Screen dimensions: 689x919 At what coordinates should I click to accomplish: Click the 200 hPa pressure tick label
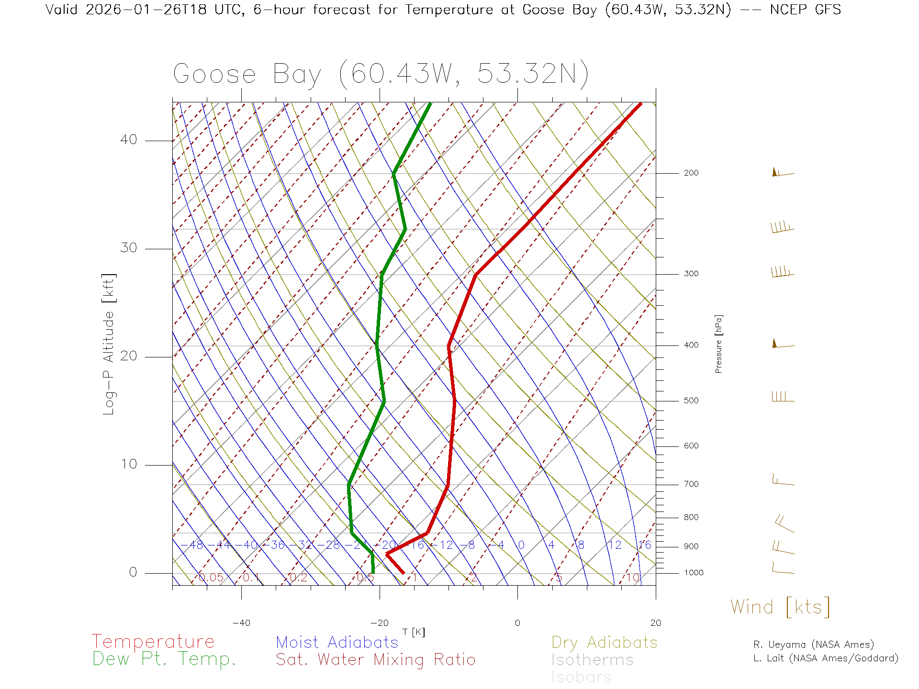(691, 173)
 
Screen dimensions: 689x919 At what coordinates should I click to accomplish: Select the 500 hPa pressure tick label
(691, 401)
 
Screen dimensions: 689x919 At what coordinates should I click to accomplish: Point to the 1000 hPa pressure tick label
(693, 573)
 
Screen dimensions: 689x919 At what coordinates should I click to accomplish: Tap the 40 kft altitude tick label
(128, 140)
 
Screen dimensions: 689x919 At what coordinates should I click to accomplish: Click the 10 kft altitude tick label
(128, 464)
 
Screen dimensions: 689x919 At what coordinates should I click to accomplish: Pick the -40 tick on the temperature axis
(241, 623)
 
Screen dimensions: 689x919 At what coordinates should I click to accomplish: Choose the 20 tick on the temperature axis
(655, 623)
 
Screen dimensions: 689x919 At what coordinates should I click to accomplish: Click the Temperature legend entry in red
(153, 641)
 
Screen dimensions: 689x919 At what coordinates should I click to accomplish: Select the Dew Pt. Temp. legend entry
(164, 659)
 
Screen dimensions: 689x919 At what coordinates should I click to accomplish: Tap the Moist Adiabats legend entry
(337, 642)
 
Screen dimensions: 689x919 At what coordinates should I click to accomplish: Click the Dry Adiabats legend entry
(604, 642)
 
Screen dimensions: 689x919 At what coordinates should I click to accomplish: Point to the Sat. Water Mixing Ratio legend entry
(375, 660)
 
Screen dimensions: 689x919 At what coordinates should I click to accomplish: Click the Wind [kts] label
(780, 607)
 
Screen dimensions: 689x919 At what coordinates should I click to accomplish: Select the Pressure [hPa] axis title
(718, 344)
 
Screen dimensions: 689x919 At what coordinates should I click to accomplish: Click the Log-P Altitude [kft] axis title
(109, 344)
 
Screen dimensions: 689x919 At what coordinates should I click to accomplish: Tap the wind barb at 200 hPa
(782, 173)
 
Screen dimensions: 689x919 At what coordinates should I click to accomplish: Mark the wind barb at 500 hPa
(782, 397)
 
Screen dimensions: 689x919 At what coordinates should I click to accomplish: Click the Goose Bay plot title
(381, 74)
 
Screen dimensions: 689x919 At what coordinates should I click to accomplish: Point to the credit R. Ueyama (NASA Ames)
(813, 645)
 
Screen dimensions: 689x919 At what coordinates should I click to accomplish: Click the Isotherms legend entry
(592, 660)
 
